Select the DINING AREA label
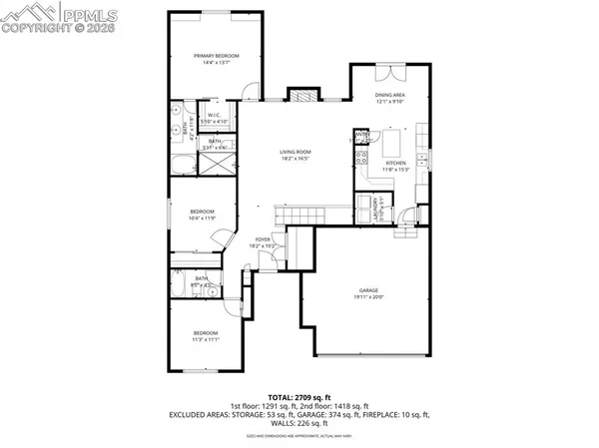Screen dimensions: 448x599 coord(390,94)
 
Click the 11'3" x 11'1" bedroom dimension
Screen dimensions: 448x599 coord(206,338)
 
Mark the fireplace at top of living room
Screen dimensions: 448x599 coord(301,96)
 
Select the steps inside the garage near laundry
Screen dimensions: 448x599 coord(406,231)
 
